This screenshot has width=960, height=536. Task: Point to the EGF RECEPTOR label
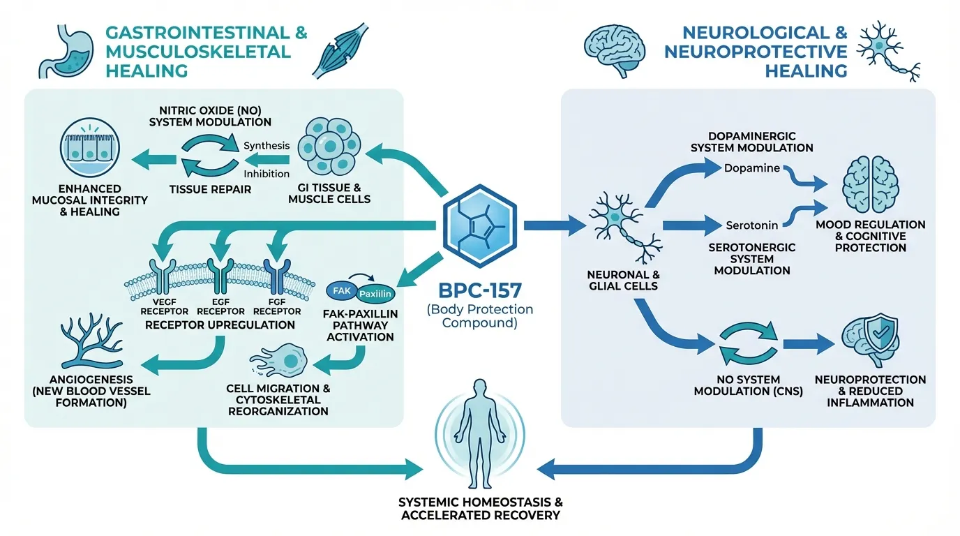[x=221, y=311]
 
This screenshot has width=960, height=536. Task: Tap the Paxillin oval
[x=375, y=294]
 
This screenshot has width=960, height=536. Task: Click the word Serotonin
[x=751, y=225]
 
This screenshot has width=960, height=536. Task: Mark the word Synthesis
[x=266, y=145]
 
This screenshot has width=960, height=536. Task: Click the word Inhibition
[x=266, y=173]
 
